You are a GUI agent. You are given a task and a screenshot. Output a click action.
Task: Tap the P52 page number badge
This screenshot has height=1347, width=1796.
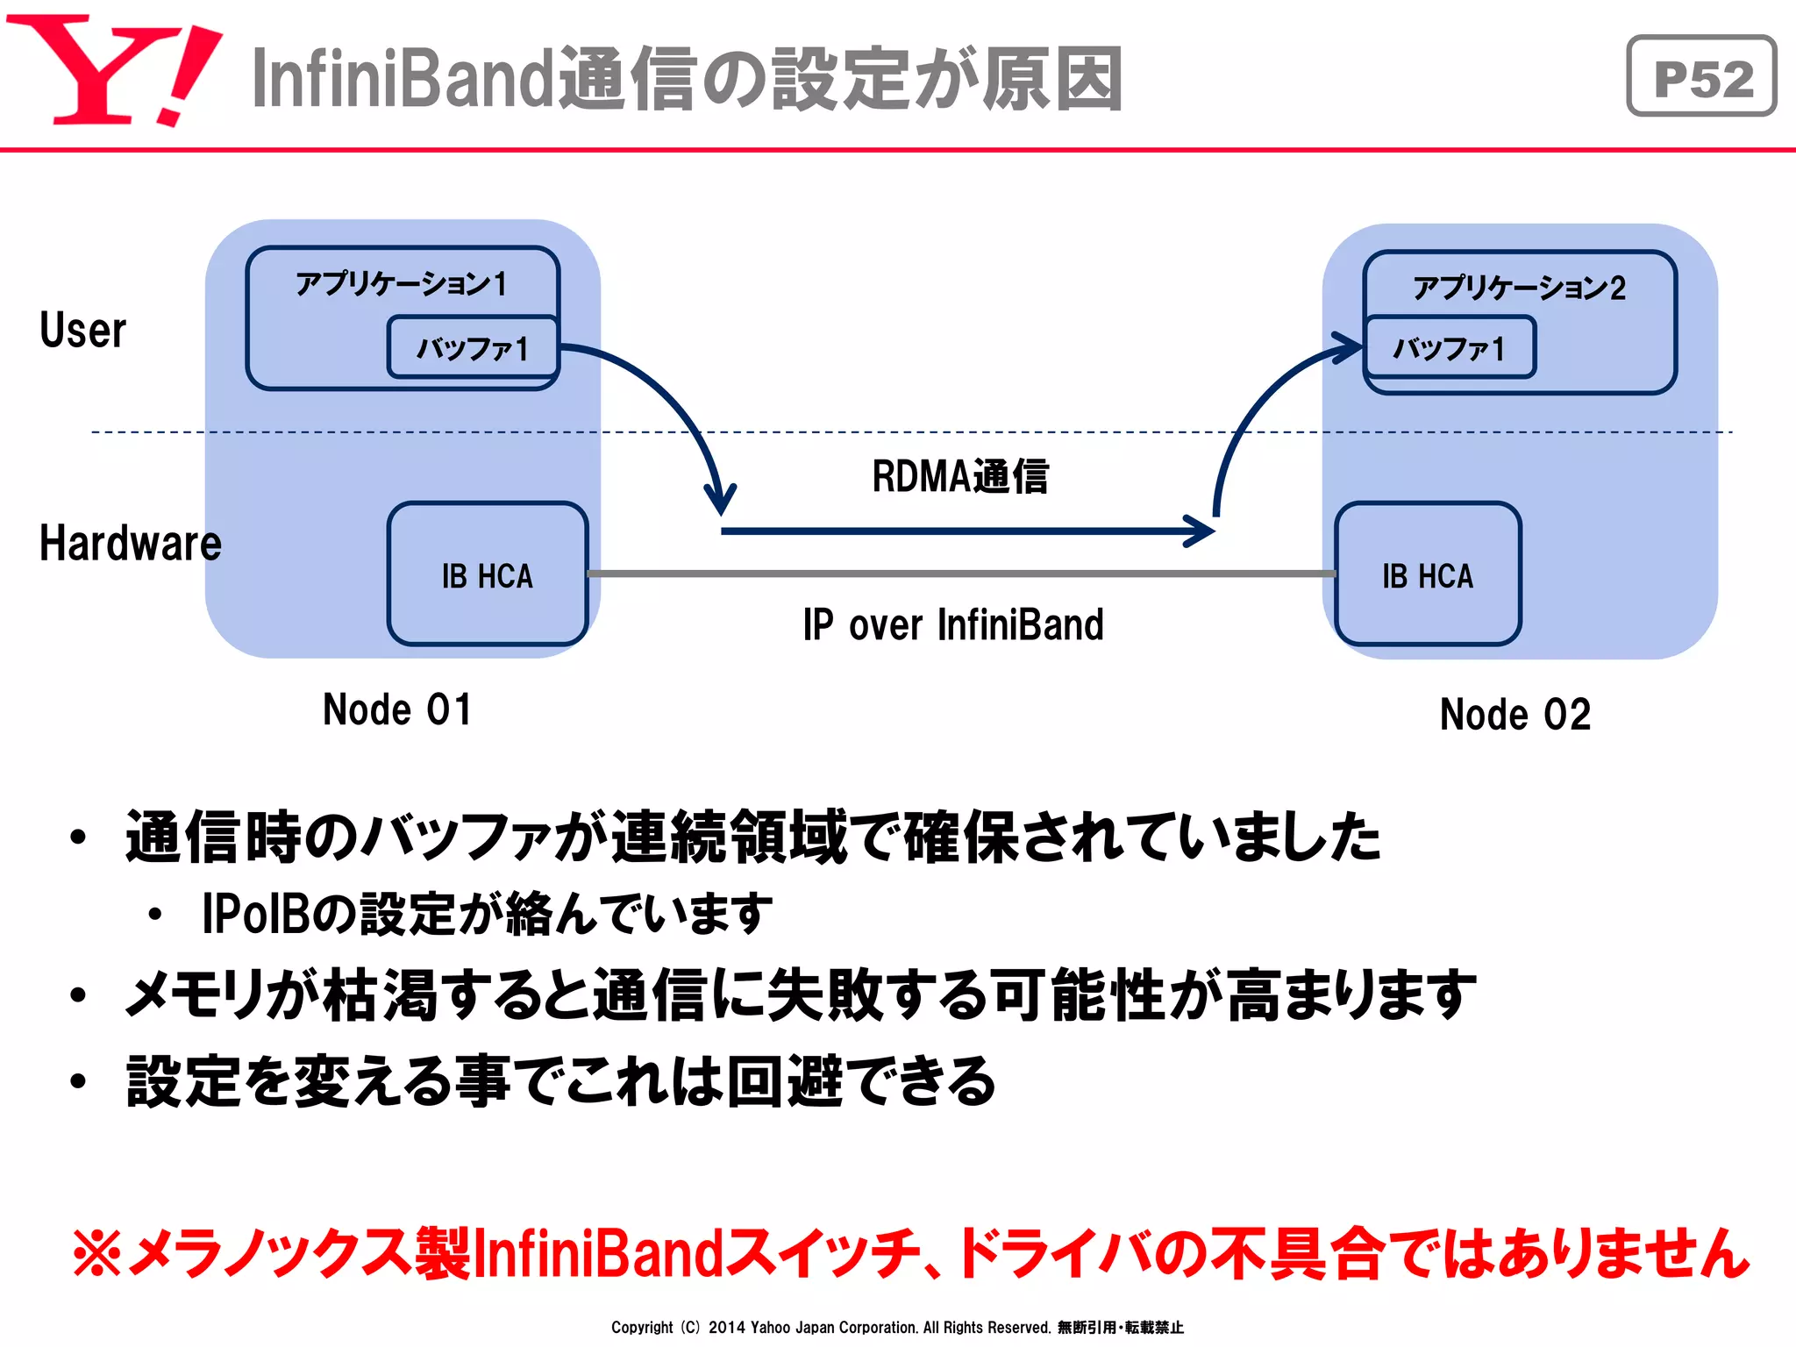tap(1701, 77)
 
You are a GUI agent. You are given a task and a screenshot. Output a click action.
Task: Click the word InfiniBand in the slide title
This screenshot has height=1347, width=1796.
tap(403, 79)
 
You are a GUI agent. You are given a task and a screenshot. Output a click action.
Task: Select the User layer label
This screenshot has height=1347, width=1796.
tap(82, 331)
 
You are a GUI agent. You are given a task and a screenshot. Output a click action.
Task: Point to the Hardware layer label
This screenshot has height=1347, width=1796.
tap(130, 543)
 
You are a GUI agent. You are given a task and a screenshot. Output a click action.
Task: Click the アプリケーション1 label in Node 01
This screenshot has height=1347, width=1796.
tap(402, 283)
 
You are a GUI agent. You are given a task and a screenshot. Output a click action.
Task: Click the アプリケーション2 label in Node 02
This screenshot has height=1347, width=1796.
tap(1519, 288)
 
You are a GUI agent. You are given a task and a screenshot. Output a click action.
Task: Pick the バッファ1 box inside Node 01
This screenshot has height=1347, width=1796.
tap(473, 348)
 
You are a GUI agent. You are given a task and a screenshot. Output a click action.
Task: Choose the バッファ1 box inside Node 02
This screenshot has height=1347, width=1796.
tap(1449, 348)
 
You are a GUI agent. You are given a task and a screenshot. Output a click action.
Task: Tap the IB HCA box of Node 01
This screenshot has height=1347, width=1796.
tap(488, 575)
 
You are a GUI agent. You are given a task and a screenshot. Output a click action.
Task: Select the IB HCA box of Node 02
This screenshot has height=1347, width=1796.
tap(1428, 575)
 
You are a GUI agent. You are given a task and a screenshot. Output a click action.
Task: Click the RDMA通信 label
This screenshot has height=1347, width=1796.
tap(960, 477)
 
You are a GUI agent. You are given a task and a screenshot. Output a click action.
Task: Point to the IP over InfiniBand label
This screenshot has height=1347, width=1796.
tap(953, 625)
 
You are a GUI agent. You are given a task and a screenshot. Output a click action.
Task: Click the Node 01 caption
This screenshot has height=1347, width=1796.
tap(397, 709)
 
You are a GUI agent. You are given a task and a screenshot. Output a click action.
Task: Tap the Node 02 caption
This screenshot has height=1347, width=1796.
tap(1514, 715)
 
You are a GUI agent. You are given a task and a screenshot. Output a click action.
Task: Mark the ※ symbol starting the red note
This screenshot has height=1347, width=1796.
tap(96, 1252)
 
